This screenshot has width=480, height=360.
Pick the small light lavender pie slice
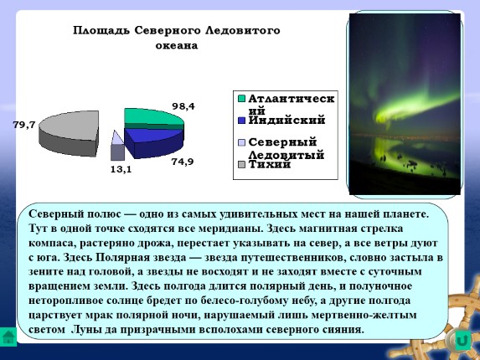tap(116, 141)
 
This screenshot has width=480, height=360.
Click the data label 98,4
tap(183, 106)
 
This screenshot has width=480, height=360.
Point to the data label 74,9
tap(182, 162)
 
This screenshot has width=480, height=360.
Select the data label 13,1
tap(121, 169)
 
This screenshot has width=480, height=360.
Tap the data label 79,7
tap(24, 125)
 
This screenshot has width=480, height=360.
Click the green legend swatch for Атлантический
tap(241, 99)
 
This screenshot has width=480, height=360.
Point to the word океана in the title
tap(175, 45)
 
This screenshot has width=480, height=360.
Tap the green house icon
tap(9, 338)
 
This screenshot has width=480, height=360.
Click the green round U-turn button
tap(462, 340)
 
